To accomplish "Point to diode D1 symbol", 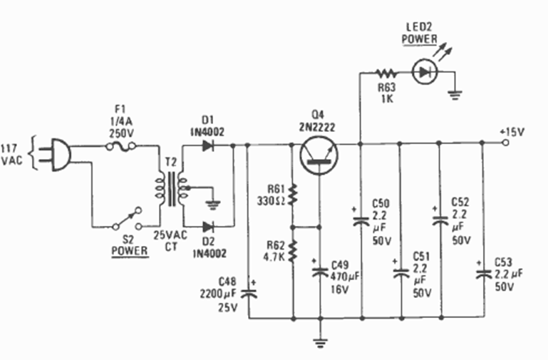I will coord(207,145).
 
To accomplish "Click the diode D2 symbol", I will coord(207,227).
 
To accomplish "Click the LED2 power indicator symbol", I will coord(426,72).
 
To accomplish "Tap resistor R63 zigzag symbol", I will coord(386,72).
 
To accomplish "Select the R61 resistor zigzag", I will coord(293,193).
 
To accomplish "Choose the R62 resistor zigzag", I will coord(293,250).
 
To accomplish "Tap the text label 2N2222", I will coord(317,127).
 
